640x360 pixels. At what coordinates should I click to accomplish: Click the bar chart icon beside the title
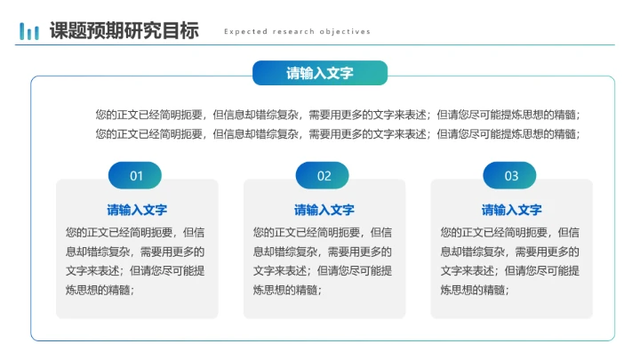click(29, 31)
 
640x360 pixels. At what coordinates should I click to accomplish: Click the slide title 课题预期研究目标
click(124, 30)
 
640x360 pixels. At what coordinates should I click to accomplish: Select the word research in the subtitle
click(291, 32)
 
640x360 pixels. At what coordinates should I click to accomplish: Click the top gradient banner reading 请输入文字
click(320, 74)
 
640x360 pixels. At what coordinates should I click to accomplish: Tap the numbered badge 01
click(136, 176)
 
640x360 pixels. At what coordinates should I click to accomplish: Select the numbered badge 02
click(324, 176)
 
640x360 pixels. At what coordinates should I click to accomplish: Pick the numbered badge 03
click(511, 176)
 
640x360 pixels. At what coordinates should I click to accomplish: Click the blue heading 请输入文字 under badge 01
click(137, 211)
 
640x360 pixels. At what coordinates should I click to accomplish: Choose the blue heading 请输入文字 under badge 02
click(324, 211)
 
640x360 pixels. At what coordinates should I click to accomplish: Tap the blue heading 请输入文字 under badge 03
click(512, 211)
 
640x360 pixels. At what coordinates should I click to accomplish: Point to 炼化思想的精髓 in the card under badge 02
click(286, 290)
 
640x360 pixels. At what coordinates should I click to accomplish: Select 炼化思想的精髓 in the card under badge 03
click(474, 290)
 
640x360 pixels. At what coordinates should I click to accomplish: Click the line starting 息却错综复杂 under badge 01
click(136, 252)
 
